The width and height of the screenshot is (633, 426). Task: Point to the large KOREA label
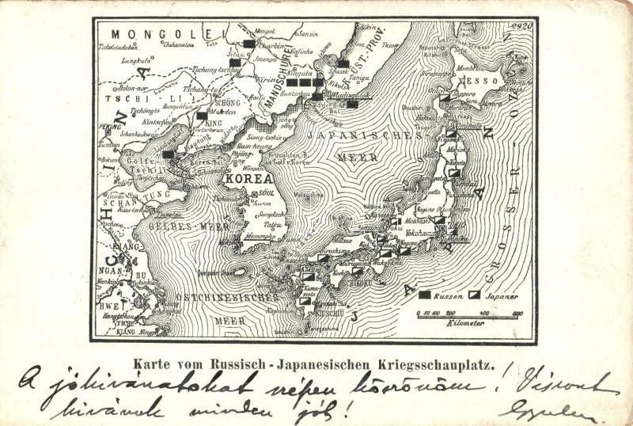pos(246,179)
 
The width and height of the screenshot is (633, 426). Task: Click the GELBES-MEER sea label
pos(182,226)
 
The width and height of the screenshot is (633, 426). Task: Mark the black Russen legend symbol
pos(425,295)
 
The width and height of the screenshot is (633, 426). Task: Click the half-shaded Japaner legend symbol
pos(474,295)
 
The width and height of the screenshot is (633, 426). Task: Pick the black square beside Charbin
pos(249,44)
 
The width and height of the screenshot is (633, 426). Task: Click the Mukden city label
pos(228,112)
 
